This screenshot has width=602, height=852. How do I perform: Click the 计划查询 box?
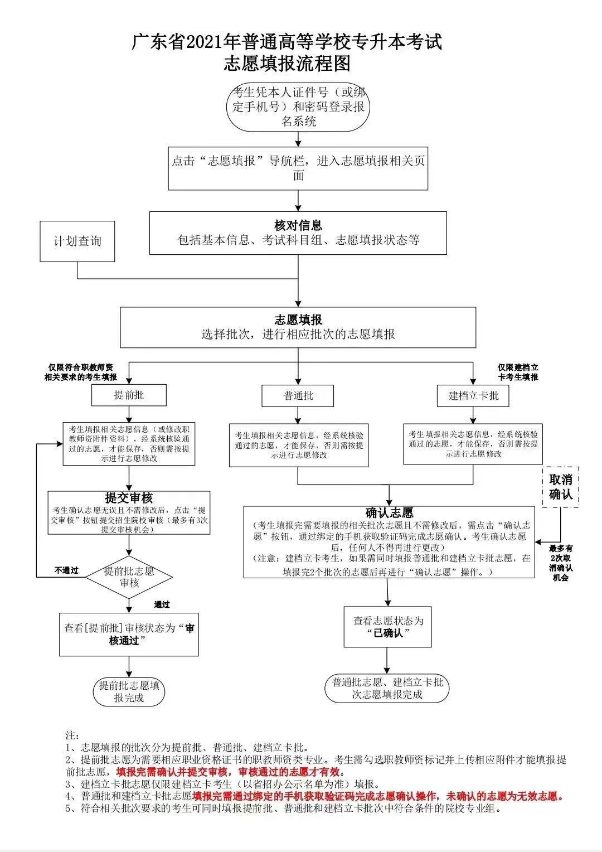[77, 241]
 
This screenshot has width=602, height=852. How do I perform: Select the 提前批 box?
[129, 395]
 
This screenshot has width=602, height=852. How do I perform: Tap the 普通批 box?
[298, 396]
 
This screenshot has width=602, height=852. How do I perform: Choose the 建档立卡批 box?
[474, 396]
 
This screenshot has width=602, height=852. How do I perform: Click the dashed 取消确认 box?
[561, 487]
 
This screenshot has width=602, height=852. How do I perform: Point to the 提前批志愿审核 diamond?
[129, 577]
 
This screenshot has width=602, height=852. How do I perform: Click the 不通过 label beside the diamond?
[66, 570]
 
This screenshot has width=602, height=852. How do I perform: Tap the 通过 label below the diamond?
[162, 604]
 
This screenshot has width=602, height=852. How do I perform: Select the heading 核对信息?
[298, 226]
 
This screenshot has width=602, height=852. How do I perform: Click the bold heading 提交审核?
[129, 498]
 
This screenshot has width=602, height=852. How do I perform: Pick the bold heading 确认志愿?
[389, 512]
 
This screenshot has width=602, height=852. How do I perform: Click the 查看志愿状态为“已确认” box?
[388, 627]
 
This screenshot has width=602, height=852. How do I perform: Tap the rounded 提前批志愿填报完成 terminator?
[129, 691]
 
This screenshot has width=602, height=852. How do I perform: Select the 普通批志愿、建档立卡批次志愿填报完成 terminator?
[387, 688]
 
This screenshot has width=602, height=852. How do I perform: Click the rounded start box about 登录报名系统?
[299, 106]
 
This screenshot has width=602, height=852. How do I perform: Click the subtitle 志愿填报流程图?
[288, 64]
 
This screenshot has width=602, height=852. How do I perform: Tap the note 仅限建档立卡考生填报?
[518, 372]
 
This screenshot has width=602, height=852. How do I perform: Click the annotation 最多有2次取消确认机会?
[560, 563]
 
